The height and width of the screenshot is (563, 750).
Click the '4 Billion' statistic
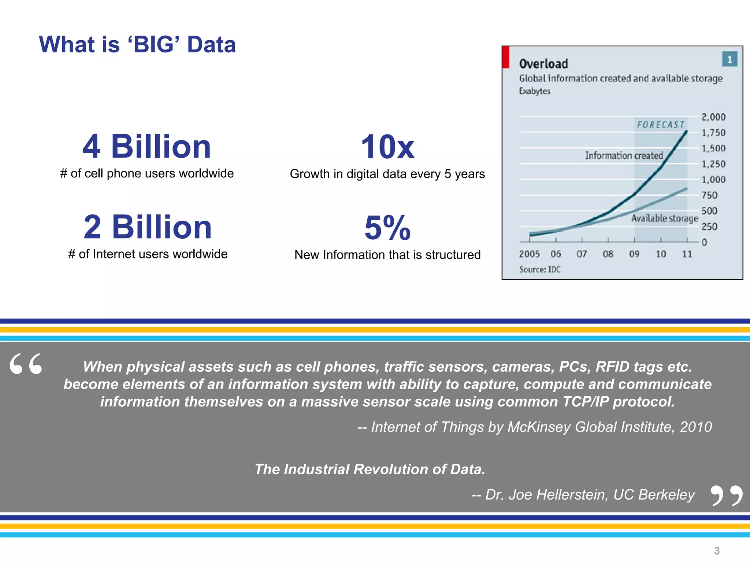click(x=146, y=147)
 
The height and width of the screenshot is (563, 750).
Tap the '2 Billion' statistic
click(x=148, y=227)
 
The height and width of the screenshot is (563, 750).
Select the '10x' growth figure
click(x=387, y=147)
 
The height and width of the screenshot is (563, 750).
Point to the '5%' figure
click(x=387, y=228)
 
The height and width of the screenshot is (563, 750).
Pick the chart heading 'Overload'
click(x=543, y=64)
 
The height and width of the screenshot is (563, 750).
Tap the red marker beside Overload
click(x=506, y=57)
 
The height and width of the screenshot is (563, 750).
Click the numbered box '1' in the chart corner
click(x=729, y=59)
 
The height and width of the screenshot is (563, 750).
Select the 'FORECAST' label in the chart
click(x=661, y=125)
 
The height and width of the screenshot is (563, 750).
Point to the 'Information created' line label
click(x=624, y=155)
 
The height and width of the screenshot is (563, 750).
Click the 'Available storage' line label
click(x=664, y=218)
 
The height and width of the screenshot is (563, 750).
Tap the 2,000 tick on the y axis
click(x=713, y=117)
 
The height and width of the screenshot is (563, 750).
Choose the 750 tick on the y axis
click(x=709, y=195)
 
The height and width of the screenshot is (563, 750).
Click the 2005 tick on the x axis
click(x=529, y=254)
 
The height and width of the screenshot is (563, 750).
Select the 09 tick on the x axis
click(x=634, y=254)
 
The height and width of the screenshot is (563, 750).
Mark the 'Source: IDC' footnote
click(x=539, y=269)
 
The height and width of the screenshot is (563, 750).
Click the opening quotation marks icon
click(x=26, y=364)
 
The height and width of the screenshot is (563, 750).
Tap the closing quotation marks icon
click(x=726, y=496)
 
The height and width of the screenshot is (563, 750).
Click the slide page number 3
click(x=717, y=551)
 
